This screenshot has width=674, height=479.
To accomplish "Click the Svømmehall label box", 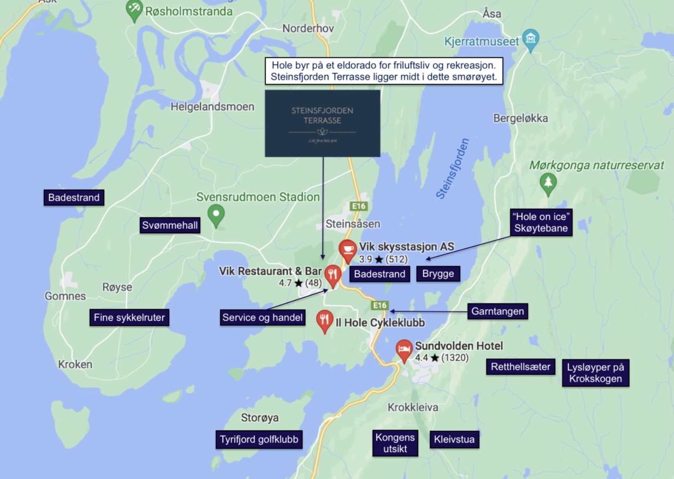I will point(170,225).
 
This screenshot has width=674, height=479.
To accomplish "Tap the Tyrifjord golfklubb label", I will point(259,439).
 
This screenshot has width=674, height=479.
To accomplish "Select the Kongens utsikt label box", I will point(395,443).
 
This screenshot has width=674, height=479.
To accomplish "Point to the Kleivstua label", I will point(454,439).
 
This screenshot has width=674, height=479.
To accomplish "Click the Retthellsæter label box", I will point(520,367).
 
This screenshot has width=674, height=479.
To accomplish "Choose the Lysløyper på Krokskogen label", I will point(595,373).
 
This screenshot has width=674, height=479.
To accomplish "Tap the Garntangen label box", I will point(497,311).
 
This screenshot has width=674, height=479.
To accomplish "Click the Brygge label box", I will point(438,274).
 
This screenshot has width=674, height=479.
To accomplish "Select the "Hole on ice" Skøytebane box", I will point(541,222).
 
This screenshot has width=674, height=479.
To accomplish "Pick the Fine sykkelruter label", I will point(129,317).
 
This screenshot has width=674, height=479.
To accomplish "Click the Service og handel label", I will point(262,317).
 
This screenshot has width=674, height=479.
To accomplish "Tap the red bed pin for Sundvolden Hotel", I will point(404,349).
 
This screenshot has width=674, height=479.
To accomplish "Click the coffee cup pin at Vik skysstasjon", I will point(348,250).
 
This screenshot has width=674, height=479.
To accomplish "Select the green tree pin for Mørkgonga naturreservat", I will point(548,183).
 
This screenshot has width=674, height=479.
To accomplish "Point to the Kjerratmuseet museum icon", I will point(530,39).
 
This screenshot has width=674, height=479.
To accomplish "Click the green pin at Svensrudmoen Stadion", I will point(216,215).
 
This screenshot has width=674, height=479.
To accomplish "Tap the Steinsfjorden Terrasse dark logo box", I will point(322,123).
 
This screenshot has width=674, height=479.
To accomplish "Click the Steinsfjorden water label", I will point(452,169).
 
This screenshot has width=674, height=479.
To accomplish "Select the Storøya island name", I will point(259,418).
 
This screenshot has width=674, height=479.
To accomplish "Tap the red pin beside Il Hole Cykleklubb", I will point(324,320).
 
